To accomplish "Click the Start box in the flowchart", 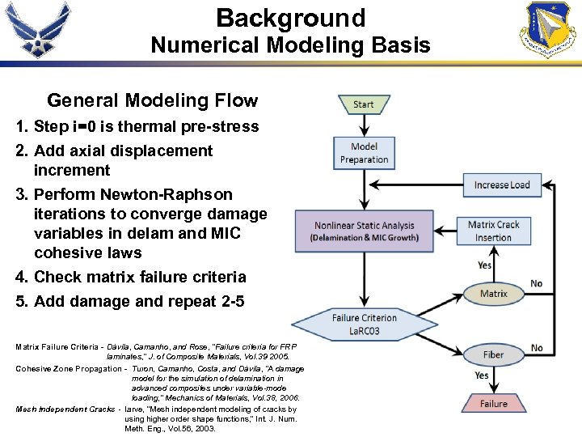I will (364, 104).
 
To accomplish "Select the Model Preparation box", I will (364, 153).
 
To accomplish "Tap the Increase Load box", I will (502, 185).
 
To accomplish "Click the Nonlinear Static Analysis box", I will (364, 231).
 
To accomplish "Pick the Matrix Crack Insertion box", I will (494, 231).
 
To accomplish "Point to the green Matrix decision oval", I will (494, 294).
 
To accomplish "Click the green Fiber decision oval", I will (494, 354).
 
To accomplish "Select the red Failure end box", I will (494, 403).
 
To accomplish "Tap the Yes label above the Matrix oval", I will (484, 265).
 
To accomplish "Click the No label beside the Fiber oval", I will (537, 348).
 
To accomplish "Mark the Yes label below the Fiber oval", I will (482, 375).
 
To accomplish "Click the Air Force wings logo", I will (38, 30).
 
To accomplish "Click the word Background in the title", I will (291, 18).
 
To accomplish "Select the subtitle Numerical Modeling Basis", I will (291, 45).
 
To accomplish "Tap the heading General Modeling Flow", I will (152, 101).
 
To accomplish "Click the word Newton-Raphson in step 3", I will (166, 194).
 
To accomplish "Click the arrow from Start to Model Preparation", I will (364, 125).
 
